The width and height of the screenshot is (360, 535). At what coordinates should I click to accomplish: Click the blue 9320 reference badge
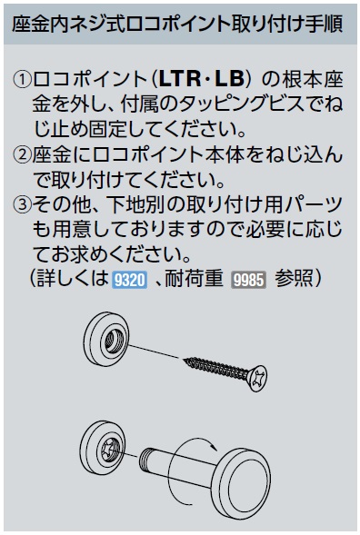point(129,280)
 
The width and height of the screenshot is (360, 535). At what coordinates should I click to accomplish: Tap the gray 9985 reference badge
point(249,280)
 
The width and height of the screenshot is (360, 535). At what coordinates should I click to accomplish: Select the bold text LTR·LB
point(202,79)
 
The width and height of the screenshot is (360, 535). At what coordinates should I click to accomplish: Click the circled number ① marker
point(22,80)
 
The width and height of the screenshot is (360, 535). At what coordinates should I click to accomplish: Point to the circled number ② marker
point(22,155)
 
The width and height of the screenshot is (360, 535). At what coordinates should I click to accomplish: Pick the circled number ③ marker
point(22,205)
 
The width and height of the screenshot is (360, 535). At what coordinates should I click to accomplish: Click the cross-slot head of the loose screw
point(258,379)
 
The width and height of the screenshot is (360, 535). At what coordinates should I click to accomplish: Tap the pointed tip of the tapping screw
point(185,359)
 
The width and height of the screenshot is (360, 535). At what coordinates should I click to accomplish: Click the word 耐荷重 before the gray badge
point(194,280)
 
